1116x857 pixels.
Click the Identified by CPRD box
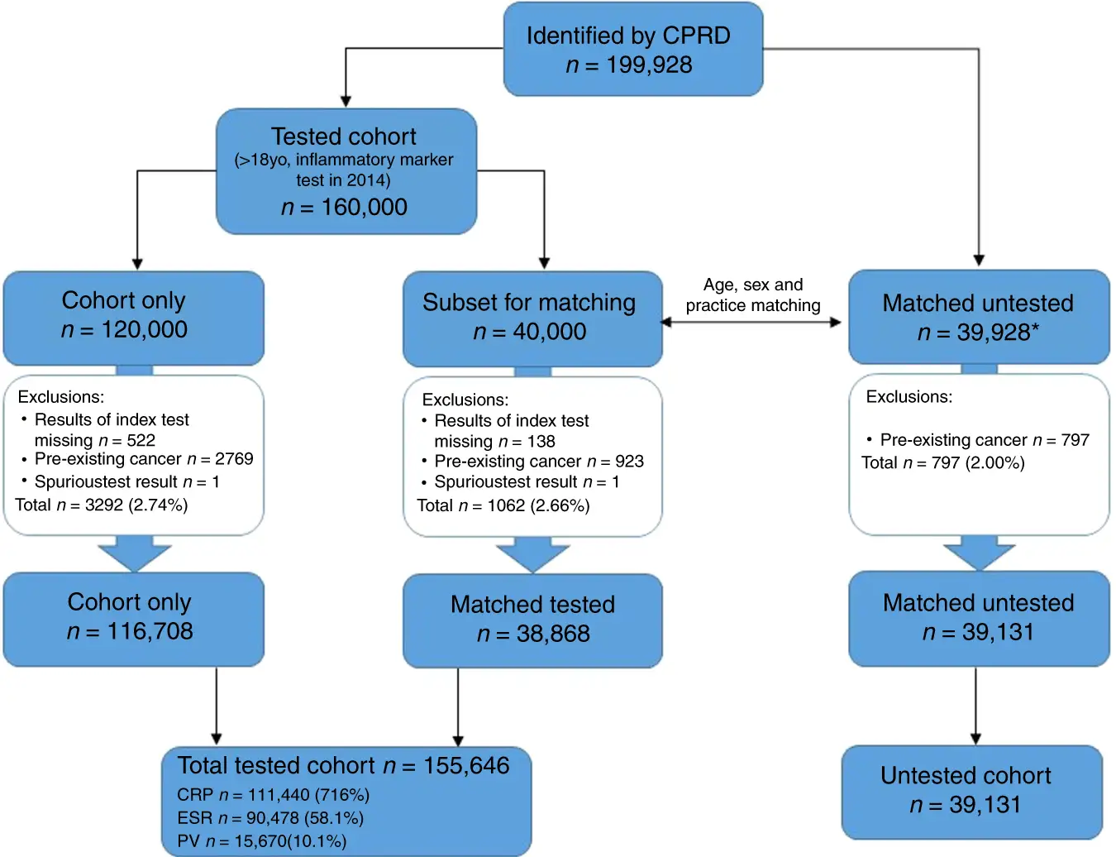pos(632,49)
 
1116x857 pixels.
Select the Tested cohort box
pos(346,171)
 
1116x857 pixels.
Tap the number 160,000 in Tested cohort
pos(364,207)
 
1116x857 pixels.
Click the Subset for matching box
pos(532,318)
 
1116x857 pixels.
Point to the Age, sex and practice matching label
pos(753,295)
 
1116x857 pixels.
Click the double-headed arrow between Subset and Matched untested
pos(751,322)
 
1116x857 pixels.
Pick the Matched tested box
pos(532,620)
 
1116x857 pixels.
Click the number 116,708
pos(150,631)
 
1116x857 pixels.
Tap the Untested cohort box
pos(971,792)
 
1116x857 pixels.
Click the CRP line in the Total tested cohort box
pos(274,795)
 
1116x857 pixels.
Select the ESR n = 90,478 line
pos(270,818)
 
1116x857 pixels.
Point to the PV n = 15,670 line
pos(262,841)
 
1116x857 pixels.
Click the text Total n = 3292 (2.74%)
pos(101,505)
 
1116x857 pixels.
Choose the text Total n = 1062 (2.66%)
pos(503,505)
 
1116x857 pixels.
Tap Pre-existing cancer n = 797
pos(985,440)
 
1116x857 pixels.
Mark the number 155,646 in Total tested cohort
pos(466,765)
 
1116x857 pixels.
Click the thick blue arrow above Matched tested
pos(532,554)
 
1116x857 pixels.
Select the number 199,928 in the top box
pos(649,65)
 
